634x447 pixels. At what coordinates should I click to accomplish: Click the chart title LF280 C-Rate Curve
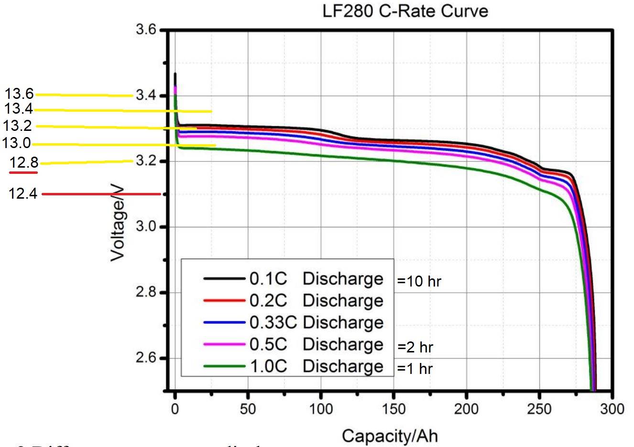click(x=405, y=11)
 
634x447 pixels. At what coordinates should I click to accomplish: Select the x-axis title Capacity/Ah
click(x=389, y=436)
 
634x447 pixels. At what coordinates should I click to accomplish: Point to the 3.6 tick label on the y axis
click(x=146, y=30)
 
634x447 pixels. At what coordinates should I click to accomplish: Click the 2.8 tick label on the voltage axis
click(x=146, y=292)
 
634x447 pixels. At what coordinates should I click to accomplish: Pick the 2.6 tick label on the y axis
click(x=146, y=358)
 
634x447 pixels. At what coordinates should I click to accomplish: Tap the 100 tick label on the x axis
click(x=321, y=409)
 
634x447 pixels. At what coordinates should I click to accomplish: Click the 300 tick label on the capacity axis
click(x=612, y=409)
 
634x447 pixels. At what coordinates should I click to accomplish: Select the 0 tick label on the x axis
click(x=175, y=409)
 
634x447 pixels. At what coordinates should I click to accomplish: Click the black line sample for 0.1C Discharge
click(x=224, y=278)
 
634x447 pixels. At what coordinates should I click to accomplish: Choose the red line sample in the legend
click(x=224, y=300)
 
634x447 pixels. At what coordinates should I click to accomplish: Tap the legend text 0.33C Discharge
click(x=316, y=322)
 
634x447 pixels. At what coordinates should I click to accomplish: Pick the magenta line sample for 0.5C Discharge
click(x=224, y=344)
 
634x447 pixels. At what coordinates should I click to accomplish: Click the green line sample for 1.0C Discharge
click(x=224, y=366)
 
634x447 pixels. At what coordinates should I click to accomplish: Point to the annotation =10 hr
click(x=419, y=281)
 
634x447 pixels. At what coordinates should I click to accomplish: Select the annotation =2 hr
click(x=415, y=347)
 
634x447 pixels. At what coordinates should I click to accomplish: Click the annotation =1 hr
click(x=415, y=369)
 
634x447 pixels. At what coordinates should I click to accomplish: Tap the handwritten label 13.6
click(x=19, y=94)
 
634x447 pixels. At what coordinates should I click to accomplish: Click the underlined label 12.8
click(x=24, y=163)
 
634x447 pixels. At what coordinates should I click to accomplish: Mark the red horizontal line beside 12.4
click(x=101, y=194)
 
